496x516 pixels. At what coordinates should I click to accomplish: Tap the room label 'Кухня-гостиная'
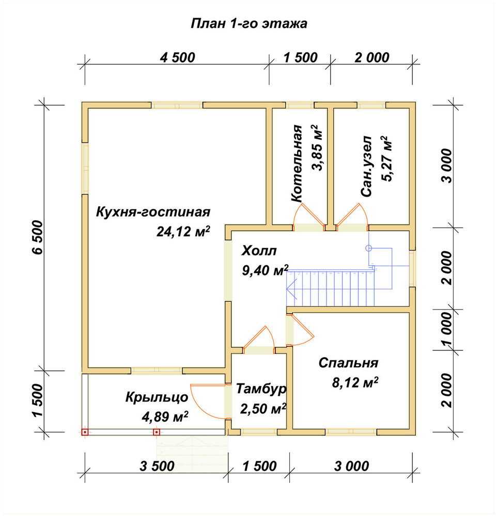153,212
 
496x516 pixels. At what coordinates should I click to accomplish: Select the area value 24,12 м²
183,231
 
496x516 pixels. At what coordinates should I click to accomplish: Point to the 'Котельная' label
297,163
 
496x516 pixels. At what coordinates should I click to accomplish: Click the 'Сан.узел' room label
366,166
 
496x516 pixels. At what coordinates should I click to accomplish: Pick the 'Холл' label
259,251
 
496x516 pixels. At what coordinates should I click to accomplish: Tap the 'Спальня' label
348,363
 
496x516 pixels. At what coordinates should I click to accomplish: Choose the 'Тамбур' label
261,389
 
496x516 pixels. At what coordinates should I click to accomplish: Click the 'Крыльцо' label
157,397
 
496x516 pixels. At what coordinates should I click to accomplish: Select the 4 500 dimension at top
178,58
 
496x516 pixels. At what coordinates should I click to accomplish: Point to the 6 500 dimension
38,237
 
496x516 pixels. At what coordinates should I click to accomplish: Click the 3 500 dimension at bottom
157,466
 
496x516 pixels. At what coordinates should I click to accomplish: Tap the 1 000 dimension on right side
447,330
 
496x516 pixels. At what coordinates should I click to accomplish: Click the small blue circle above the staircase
369,248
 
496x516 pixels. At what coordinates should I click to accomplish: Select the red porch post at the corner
85,432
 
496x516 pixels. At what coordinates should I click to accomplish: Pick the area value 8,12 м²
355,382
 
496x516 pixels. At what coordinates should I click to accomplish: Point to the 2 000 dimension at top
372,58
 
